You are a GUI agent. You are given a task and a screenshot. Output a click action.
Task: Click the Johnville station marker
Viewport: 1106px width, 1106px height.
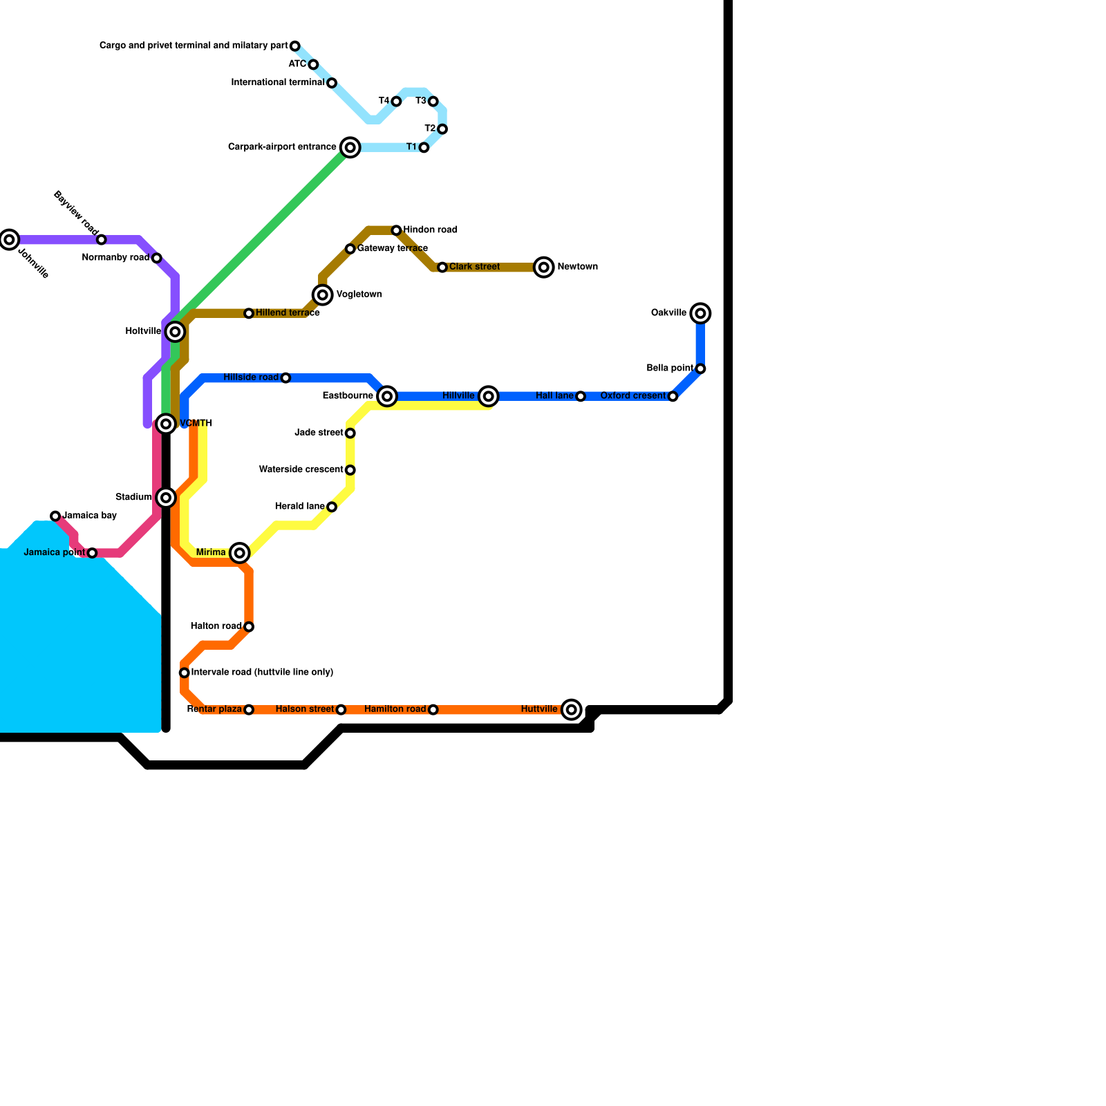[x=9, y=240]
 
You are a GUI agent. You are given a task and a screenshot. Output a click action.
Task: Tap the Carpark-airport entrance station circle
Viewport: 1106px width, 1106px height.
[x=350, y=147]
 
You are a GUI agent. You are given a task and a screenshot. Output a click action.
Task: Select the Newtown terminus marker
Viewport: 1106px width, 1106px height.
[x=544, y=268]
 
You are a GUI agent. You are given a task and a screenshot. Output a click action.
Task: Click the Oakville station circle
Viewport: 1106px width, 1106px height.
[x=700, y=314]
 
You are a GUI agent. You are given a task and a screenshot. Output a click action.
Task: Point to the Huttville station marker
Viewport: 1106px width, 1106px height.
[x=571, y=709]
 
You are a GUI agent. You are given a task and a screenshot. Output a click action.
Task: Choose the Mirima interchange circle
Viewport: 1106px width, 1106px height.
[x=240, y=553]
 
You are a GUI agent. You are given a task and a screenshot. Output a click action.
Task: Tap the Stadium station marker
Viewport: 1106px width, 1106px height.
[x=166, y=498]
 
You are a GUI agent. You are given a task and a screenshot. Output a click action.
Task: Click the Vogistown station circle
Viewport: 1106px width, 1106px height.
[x=323, y=295]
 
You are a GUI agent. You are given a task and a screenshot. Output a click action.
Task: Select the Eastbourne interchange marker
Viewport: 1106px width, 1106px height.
[x=387, y=396]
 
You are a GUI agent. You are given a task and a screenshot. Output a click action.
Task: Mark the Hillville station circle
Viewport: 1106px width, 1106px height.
[x=489, y=396]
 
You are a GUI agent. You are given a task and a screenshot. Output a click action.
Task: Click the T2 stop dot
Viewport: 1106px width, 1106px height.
[x=442, y=129]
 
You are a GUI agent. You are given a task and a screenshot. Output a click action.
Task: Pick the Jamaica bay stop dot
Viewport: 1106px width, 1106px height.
[x=55, y=516]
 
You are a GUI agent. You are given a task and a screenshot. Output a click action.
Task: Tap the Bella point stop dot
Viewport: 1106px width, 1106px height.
[x=700, y=369]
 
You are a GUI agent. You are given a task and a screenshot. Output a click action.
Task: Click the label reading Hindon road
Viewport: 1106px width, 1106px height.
[x=430, y=230]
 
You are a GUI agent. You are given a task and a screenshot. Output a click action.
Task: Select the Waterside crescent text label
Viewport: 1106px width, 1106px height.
[x=301, y=470]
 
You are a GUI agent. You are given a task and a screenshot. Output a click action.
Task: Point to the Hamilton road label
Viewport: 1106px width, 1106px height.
[x=395, y=709]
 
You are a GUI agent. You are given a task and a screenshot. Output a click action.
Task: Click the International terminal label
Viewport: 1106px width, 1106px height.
[x=277, y=83]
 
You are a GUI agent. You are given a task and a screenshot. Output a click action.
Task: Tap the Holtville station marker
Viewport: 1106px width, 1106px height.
[x=176, y=332]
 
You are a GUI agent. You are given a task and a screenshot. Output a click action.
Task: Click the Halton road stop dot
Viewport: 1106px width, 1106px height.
[x=249, y=627]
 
